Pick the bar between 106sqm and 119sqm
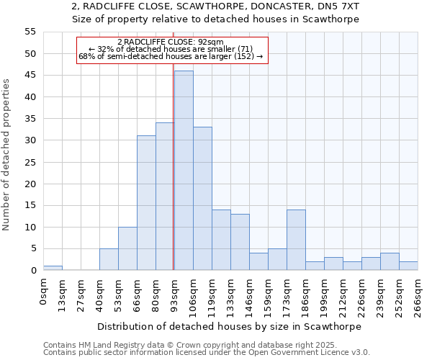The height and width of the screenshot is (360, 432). (x=202, y=199)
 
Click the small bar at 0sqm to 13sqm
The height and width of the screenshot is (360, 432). (x=53, y=268)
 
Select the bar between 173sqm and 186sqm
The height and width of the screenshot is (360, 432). (x=296, y=240)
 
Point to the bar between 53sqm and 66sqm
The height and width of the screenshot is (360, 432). (x=127, y=248)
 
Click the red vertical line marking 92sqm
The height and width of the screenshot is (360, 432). (x=174, y=180)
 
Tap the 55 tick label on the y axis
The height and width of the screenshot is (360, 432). (x=30, y=32)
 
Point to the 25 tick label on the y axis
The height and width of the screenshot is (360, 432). (x=30, y=162)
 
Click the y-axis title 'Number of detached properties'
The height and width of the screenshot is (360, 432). (x=6, y=155)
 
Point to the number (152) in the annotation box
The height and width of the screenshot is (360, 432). (x=242, y=56)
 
